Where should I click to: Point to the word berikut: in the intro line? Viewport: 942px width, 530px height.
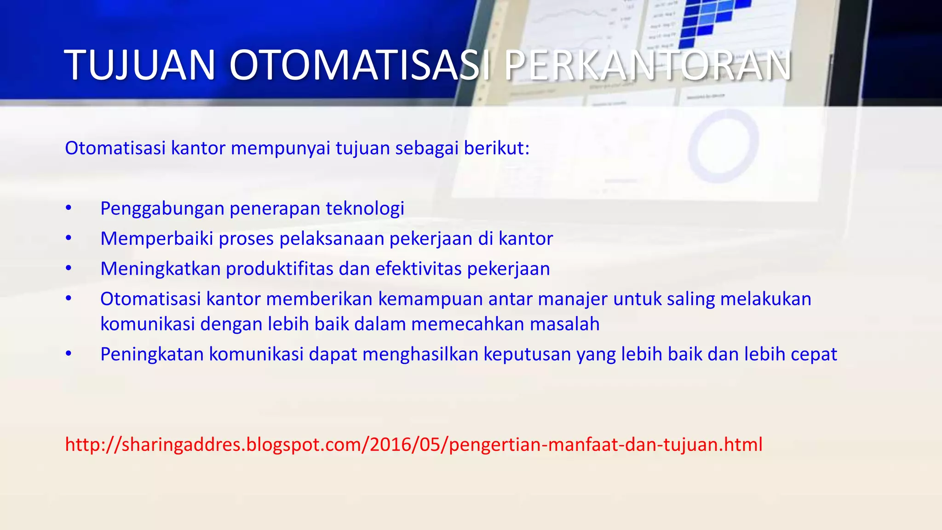pyautogui.click(x=496, y=149)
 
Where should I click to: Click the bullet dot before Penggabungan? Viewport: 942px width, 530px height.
pyautogui.click(x=69, y=208)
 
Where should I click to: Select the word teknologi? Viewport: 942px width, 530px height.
pyautogui.click(x=365, y=208)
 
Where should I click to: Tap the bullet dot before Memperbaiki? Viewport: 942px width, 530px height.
pyautogui.click(x=69, y=238)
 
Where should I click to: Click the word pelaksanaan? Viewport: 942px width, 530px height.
pyautogui.click(x=332, y=239)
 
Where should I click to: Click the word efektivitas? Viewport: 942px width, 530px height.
pyautogui.click(x=418, y=269)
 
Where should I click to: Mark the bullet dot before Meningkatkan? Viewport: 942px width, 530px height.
pyautogui.click(x=69, y=269)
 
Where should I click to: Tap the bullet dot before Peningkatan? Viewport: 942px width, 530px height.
pyautogui.click(x=69, y=354)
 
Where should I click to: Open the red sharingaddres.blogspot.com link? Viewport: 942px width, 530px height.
pyautogui.click(x=414, y=444)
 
